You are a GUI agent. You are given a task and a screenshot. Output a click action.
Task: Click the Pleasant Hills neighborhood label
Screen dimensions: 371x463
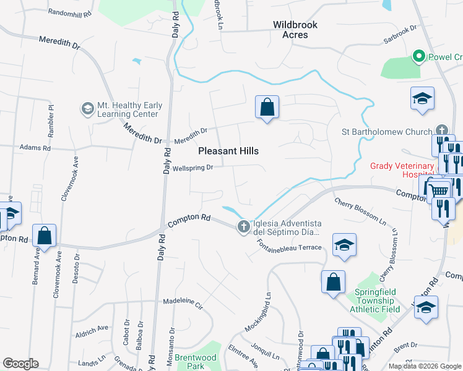click(228, 151)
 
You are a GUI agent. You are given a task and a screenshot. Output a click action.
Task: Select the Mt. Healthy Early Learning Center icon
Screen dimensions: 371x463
click(87, 109)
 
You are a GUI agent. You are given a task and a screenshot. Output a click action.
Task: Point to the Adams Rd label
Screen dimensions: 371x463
click(33, 148)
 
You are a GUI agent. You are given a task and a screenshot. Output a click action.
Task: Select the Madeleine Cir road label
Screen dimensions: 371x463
click(183, 304)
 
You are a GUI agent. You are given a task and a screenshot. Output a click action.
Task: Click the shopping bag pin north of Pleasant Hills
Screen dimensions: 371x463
click(267, 108)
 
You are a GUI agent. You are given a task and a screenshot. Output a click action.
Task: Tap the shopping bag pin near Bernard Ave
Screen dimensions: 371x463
click(44, 236)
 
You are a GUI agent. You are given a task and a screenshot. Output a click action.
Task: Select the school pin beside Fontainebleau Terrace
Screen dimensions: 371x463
click(344, 246)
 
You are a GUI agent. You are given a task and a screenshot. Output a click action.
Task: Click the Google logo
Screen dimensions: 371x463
click(20, 364)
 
